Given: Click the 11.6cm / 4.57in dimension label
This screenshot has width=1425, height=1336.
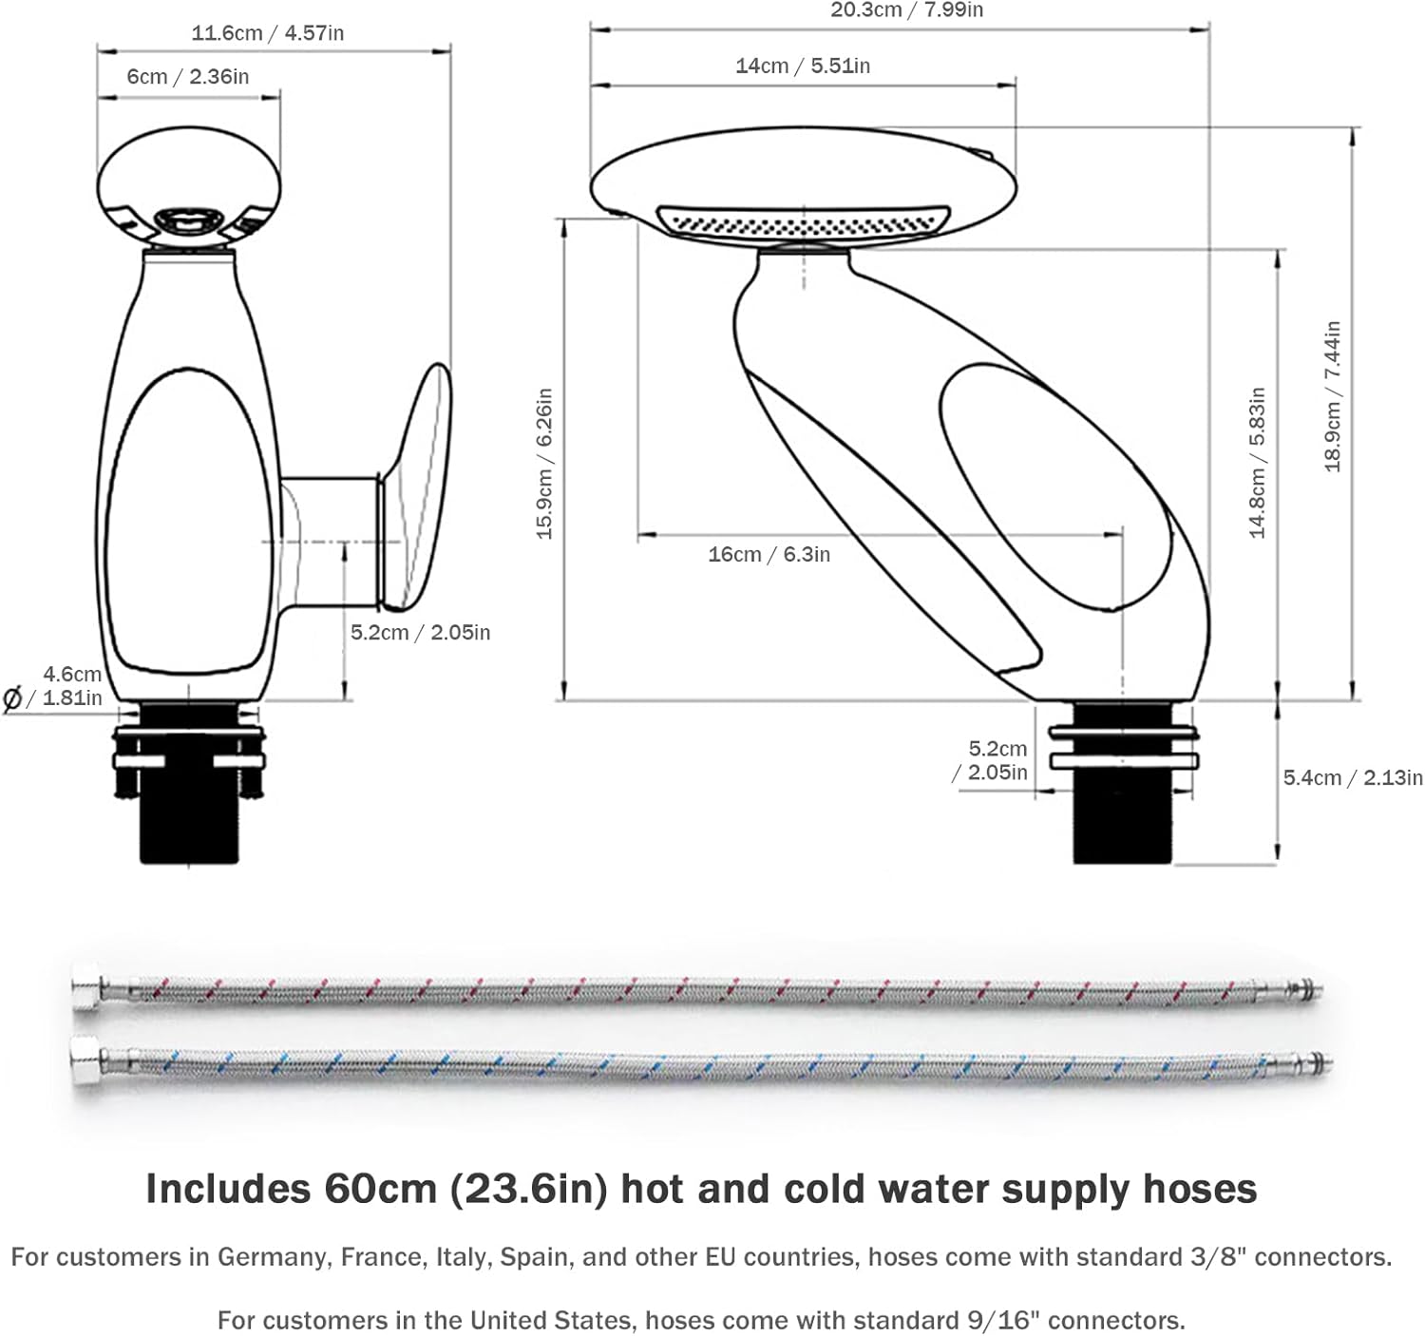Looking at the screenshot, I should (268, 33).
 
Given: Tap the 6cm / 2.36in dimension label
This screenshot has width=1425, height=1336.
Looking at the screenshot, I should (188, 77).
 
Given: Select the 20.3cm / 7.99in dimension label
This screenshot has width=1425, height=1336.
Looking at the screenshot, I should (906, 10).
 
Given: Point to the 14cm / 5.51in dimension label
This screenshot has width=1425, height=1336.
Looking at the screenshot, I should (803, 66).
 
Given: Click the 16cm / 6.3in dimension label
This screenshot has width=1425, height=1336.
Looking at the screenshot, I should (769, 554).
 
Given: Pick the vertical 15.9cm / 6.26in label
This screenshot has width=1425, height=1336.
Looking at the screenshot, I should (544, 464).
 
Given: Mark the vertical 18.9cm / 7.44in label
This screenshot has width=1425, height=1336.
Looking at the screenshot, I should (1333, 396).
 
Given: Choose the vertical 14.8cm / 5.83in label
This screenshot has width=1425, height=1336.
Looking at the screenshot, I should (1258, 463).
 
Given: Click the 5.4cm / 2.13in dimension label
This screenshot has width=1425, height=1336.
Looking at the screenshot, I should (1352, 777).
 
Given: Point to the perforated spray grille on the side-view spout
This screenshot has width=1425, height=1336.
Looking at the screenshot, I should (803, 222).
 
